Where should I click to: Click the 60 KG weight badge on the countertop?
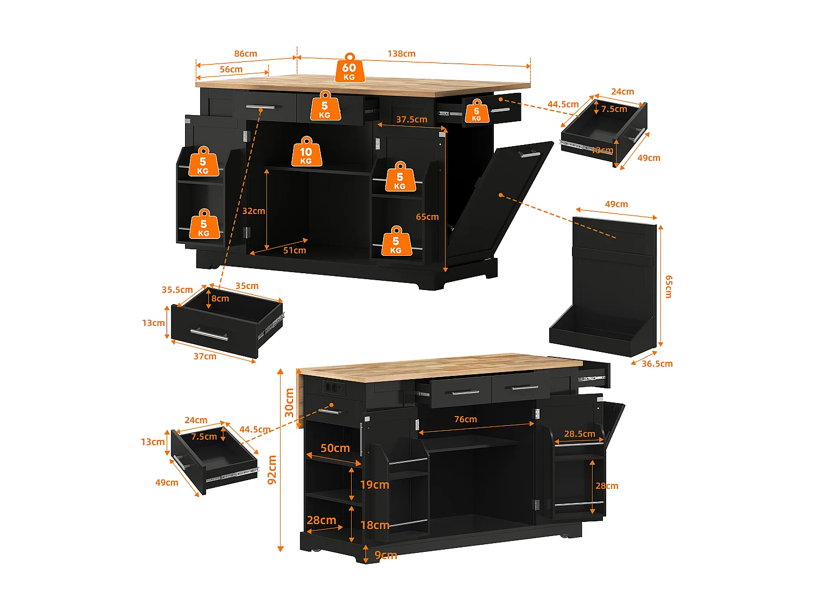coord(349,69)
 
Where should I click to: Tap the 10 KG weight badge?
coord(307,153)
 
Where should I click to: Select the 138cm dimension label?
coord(401,54)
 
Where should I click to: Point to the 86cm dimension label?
coord(245,54)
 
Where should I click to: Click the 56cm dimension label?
coord(231,70)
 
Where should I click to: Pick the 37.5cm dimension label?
coord(411,119)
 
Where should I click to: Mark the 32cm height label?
coord(253,211)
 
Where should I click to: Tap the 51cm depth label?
coord(294,250)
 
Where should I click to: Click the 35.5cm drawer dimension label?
coord(177,289)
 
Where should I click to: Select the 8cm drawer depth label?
coord(220,298)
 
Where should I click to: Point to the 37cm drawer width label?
coord(205,356)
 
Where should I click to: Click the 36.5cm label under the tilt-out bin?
coord(657,363)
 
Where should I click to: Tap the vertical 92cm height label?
coord(272,469)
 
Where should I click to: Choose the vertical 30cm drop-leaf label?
coord(289,402)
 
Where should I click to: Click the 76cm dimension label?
coord(465,419)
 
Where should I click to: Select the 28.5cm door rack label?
coord(579,434)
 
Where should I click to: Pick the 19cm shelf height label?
coord(374,484)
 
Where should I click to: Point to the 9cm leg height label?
coord(385,555)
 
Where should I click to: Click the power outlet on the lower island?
coord(333,387)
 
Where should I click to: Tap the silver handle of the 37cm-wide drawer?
coord(209,334)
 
